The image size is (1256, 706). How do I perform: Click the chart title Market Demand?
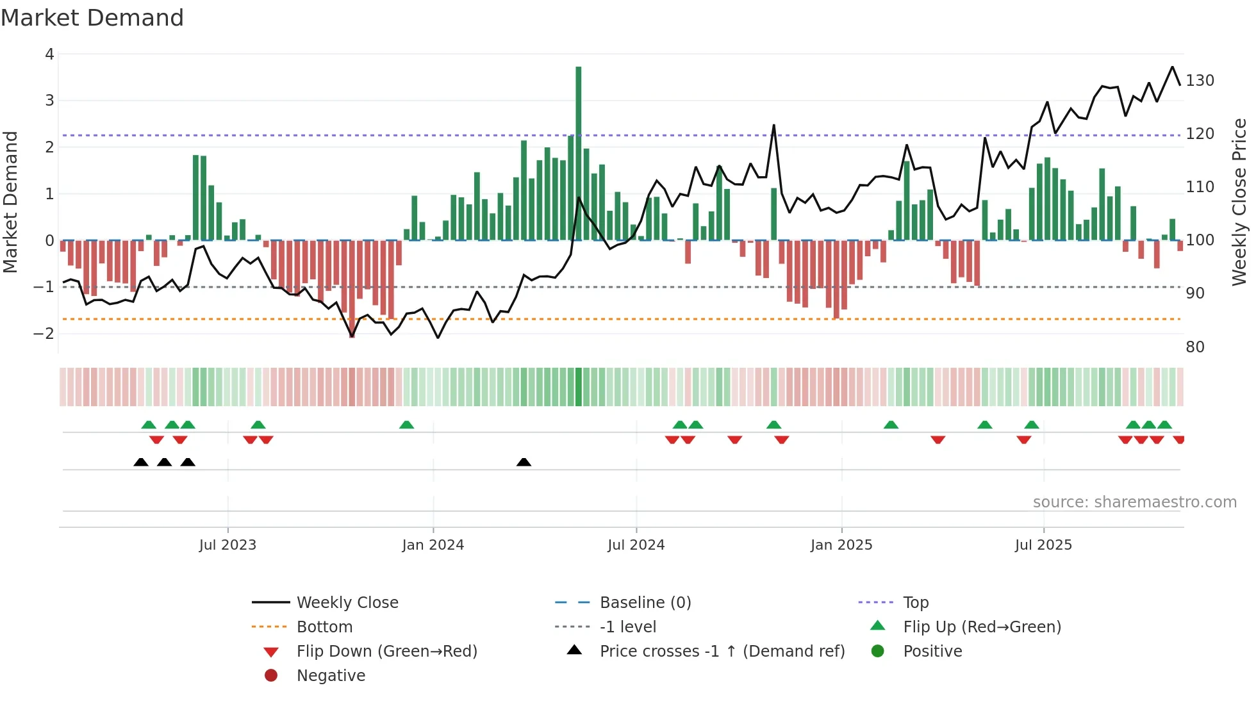click(92, 18)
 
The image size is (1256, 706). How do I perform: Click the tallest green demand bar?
click(578, 154)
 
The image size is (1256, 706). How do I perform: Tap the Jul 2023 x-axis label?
click(227, 545)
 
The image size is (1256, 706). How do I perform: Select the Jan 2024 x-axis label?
click(433, 545)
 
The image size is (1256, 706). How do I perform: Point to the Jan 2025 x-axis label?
click(841, 545)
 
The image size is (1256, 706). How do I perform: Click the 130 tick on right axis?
click(1200, 81)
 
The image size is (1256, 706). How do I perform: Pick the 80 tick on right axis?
click(1194, 347)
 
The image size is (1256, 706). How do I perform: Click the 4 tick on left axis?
click(49, 54)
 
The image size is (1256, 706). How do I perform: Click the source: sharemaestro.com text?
click(1134, 502)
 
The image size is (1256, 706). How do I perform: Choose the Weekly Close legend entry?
click(347, 603)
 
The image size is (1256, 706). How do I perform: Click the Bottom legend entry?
click(324, 627)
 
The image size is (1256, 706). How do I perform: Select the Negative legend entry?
click(331, 676)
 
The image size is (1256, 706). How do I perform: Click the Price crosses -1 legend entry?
click(722, 652)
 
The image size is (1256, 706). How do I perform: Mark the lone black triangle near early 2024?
click(524, 462)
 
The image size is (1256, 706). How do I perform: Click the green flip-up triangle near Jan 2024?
click(406, 425)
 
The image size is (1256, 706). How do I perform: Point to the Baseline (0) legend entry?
click(645, 603)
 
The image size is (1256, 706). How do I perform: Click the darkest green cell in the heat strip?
click(578, 387)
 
